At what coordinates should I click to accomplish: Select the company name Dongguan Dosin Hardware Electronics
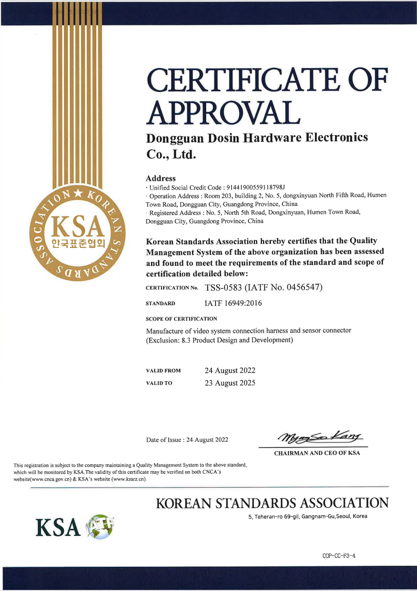point(257,138)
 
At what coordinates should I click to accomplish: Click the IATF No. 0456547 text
point(286,287)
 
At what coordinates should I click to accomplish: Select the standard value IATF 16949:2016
point(233,304)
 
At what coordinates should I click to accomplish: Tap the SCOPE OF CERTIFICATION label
point(181,319)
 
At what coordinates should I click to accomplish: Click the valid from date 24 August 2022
point(230,370)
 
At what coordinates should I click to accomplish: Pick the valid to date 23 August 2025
point(230,383)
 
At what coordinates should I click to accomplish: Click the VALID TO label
point(159,383)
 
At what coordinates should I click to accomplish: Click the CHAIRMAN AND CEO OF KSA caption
point(317,453)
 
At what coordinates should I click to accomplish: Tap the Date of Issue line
point(187,440)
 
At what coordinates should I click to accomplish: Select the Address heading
point(160,179)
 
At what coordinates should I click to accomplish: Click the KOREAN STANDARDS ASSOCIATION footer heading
point(272,503)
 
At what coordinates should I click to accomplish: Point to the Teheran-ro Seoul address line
point(308,517)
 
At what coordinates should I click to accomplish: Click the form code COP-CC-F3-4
point(340,555)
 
